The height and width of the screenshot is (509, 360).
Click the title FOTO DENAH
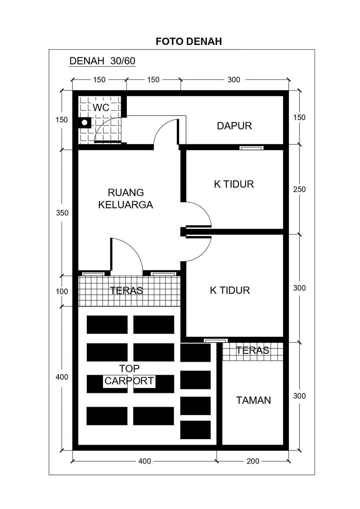click(x=189, y=41)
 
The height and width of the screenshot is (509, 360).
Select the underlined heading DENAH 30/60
click(x=102, y=61)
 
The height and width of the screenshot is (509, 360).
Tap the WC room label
click(x=101, y=107)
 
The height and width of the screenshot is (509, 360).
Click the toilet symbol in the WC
click(x=85, y=123)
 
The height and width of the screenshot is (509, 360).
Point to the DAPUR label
click(x=234, y=126)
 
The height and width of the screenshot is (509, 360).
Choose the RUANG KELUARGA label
click(x=126, y=198)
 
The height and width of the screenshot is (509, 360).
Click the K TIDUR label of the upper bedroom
click(x=234, y=184)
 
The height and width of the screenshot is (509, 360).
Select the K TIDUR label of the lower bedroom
click(x=230, y=290)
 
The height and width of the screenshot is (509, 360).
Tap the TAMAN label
click(x=253, y=400)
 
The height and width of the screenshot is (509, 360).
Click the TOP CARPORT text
click(x=129, y=375)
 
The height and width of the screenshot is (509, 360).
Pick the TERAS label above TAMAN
click(x=252, y=350)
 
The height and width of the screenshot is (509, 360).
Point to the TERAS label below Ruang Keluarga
click(x=126, y=291)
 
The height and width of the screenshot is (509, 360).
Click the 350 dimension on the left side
click(x=62, y=213)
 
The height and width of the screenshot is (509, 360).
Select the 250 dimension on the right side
click(x=299, y=189)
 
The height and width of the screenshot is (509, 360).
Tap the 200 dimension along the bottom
click(x=253, y=461)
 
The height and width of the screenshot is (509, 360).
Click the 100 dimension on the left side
click(x=62, y=291)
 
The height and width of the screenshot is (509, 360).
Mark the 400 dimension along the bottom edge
click(x=144, y=461)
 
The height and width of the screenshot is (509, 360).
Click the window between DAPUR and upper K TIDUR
click(x=251, y=148)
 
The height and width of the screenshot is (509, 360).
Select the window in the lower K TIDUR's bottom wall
click(x=216, y=340)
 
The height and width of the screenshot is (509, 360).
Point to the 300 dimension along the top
click(x=233, y=80)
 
